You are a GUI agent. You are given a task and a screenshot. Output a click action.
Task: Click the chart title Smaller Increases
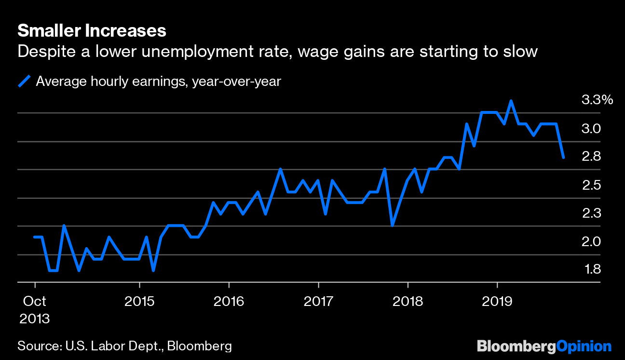tap(92, 31)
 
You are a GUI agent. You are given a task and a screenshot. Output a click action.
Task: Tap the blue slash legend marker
tap(24, 81)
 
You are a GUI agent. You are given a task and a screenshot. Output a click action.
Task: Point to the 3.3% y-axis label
tap(597, 100)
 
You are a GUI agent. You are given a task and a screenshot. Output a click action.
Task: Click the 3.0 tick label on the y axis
tap(591, 129)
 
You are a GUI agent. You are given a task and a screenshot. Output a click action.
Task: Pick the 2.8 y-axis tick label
tap(591, 157)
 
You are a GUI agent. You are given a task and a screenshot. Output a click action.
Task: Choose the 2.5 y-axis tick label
tap(591, 185)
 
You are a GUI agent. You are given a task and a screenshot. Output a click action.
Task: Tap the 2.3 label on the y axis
tap(591, 213)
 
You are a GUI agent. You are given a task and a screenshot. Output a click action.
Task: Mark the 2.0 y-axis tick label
tap(591, 242)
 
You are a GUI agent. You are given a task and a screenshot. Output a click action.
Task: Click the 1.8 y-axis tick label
tap(591, 269)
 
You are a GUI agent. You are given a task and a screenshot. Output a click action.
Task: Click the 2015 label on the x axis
tap(140, 302)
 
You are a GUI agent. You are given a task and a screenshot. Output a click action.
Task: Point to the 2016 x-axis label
tap(229, 302)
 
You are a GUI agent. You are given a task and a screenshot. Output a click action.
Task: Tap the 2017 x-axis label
tap(318, 302)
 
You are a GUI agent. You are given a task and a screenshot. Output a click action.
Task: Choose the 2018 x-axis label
tap(408, 302)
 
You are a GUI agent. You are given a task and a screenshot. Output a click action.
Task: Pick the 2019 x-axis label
tap(497, 302)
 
